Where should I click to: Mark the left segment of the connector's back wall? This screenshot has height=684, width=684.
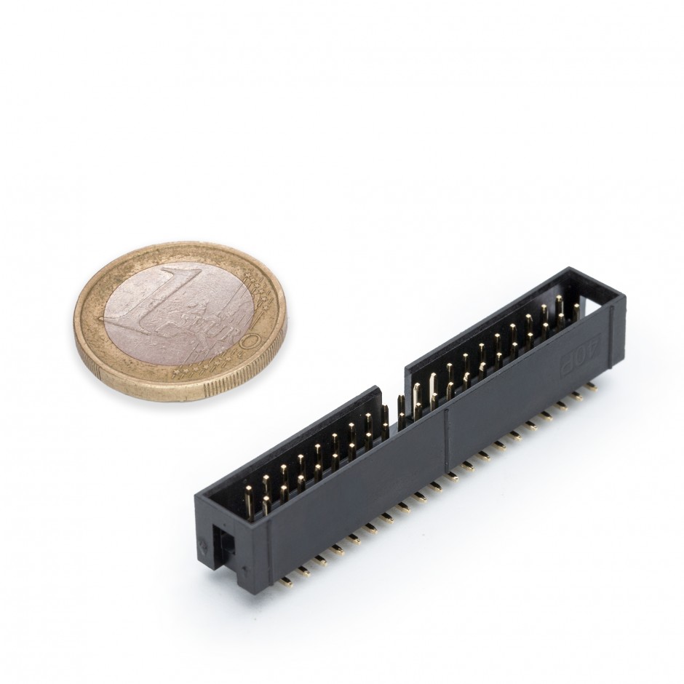tap(306, 429)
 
